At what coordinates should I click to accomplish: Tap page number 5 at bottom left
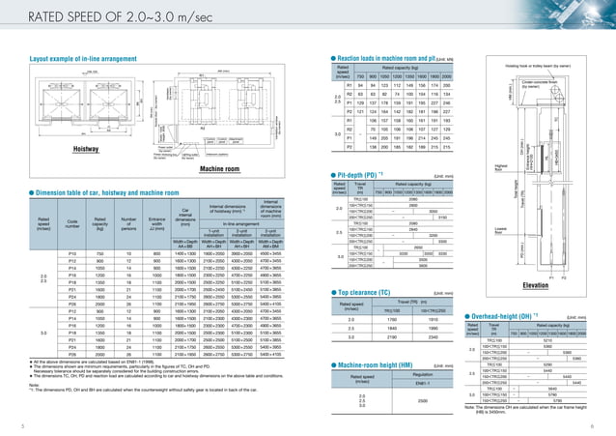[x=7, y=424]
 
